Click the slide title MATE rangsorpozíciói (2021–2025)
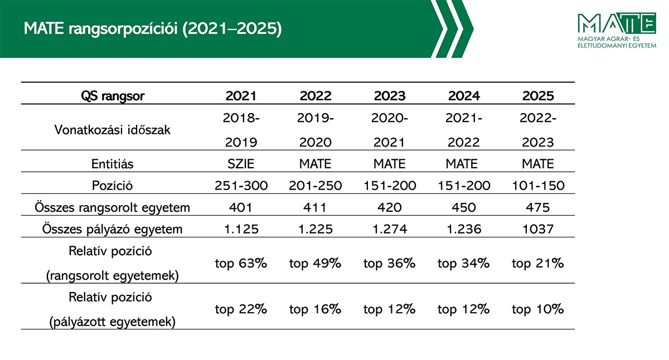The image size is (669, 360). (152, 29)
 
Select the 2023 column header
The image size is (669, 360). (389, 96)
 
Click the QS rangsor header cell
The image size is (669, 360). (113, 96)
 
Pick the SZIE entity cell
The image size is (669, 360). (241, 164)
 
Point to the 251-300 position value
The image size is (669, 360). (241, 186)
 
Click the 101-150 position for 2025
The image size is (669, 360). (538, 186)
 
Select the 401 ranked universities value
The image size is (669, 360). (241, 207)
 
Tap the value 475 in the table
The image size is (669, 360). (538, 207)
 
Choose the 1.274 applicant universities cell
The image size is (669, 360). (389, 228)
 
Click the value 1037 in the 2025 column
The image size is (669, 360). (538, 228)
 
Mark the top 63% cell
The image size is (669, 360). (241, 263)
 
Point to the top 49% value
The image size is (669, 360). (315, 263)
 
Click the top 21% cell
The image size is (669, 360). (538, 263)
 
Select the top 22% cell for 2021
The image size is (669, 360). (241, 309)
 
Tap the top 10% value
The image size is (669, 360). (538, 309)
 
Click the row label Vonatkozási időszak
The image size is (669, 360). (113, 130)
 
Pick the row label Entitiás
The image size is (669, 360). (113, 164)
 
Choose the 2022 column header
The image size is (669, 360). (315, 96)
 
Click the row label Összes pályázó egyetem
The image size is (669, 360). (113, 228)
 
